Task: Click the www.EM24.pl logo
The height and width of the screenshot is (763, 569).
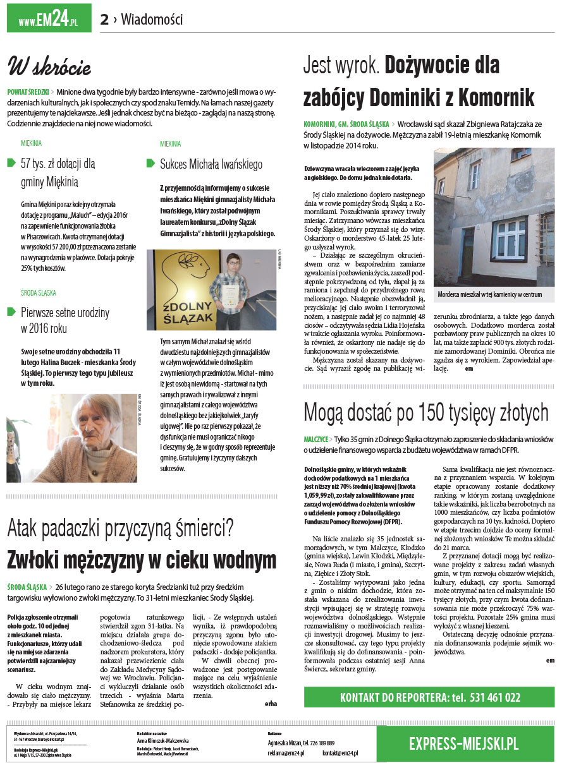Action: tap(48, 18)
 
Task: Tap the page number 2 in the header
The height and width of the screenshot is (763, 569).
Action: tap(104, 20)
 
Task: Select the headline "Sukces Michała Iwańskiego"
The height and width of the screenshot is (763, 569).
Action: tap(211, 164)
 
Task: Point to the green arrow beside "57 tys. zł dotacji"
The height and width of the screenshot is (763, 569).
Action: tap(11, 164)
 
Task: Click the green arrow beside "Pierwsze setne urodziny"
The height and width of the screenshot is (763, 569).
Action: tap(11, 311)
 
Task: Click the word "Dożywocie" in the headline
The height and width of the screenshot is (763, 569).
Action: tap(442, 65)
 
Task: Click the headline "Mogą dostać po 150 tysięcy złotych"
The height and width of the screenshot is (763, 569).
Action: tap(425, 412)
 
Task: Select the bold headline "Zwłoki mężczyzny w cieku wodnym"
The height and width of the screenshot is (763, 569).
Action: tap(142, 560)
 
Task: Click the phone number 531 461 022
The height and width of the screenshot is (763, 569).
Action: tap(488, 697)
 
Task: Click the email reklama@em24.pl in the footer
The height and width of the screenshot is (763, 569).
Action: tap(286, 753)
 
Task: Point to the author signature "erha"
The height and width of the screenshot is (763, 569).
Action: tap(271, 702)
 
